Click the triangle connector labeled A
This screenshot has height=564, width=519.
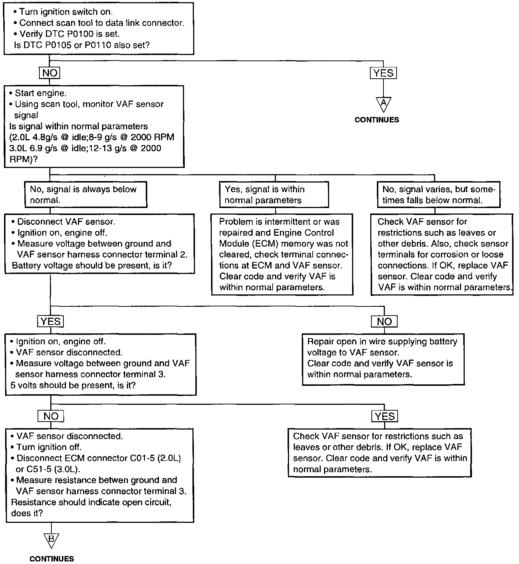coord(383,104)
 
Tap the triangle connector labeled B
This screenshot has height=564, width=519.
coord(51,540)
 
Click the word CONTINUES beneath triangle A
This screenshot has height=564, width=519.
coord(376,120)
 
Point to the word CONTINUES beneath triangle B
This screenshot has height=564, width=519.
coord(51,559)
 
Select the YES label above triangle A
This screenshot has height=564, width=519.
coord(383,73)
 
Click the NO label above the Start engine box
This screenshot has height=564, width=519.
coord(50,73)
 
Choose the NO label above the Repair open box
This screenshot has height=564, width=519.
coord(384,321)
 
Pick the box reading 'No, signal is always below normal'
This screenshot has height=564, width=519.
coord(86,195)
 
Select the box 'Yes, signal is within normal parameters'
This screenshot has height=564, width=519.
coord(274,195)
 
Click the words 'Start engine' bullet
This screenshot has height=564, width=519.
coord(40,93)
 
